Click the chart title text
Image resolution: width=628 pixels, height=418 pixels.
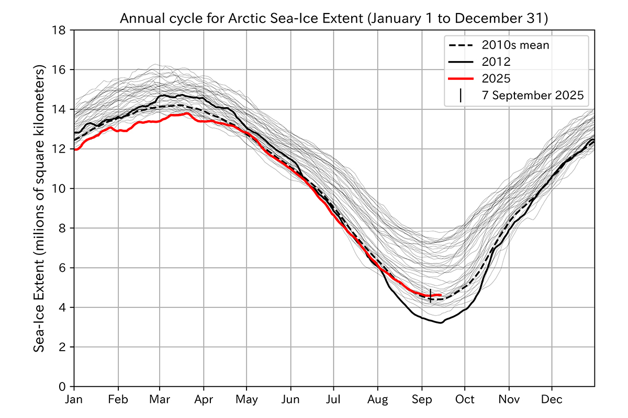[x=334, y=20]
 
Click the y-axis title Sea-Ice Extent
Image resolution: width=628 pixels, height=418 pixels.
[x=40, y=208]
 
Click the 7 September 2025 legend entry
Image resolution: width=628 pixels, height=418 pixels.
[x=532, y=96]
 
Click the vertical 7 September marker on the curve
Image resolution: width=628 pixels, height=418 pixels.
[x=430, y=296]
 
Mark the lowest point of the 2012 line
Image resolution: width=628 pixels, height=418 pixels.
[x=441, y=323]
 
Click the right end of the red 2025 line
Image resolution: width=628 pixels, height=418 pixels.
[x=441, y=295]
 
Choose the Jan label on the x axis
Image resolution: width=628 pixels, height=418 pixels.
[x=74, y=400]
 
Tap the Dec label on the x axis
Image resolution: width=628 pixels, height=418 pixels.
[x=552, y=400]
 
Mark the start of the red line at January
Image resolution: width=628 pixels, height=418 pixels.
[x=75, y=149]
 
